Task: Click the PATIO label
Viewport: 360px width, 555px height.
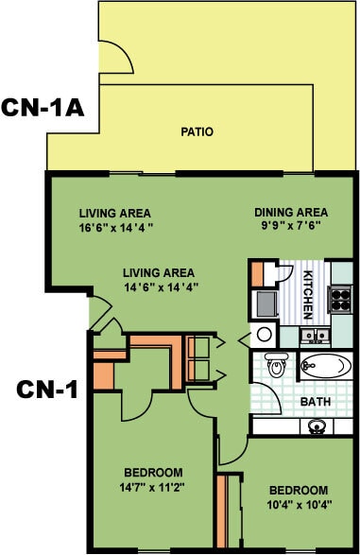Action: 197,132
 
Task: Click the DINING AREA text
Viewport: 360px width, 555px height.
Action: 291,212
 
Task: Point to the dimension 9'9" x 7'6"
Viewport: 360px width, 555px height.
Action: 291,227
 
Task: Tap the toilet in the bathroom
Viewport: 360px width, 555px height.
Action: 277,364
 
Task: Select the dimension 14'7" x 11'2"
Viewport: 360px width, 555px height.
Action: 152,487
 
